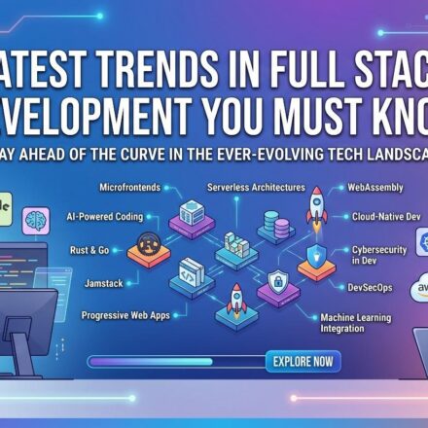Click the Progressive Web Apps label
(x=125, y=315)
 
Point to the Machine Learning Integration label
(x=356, y=323)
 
